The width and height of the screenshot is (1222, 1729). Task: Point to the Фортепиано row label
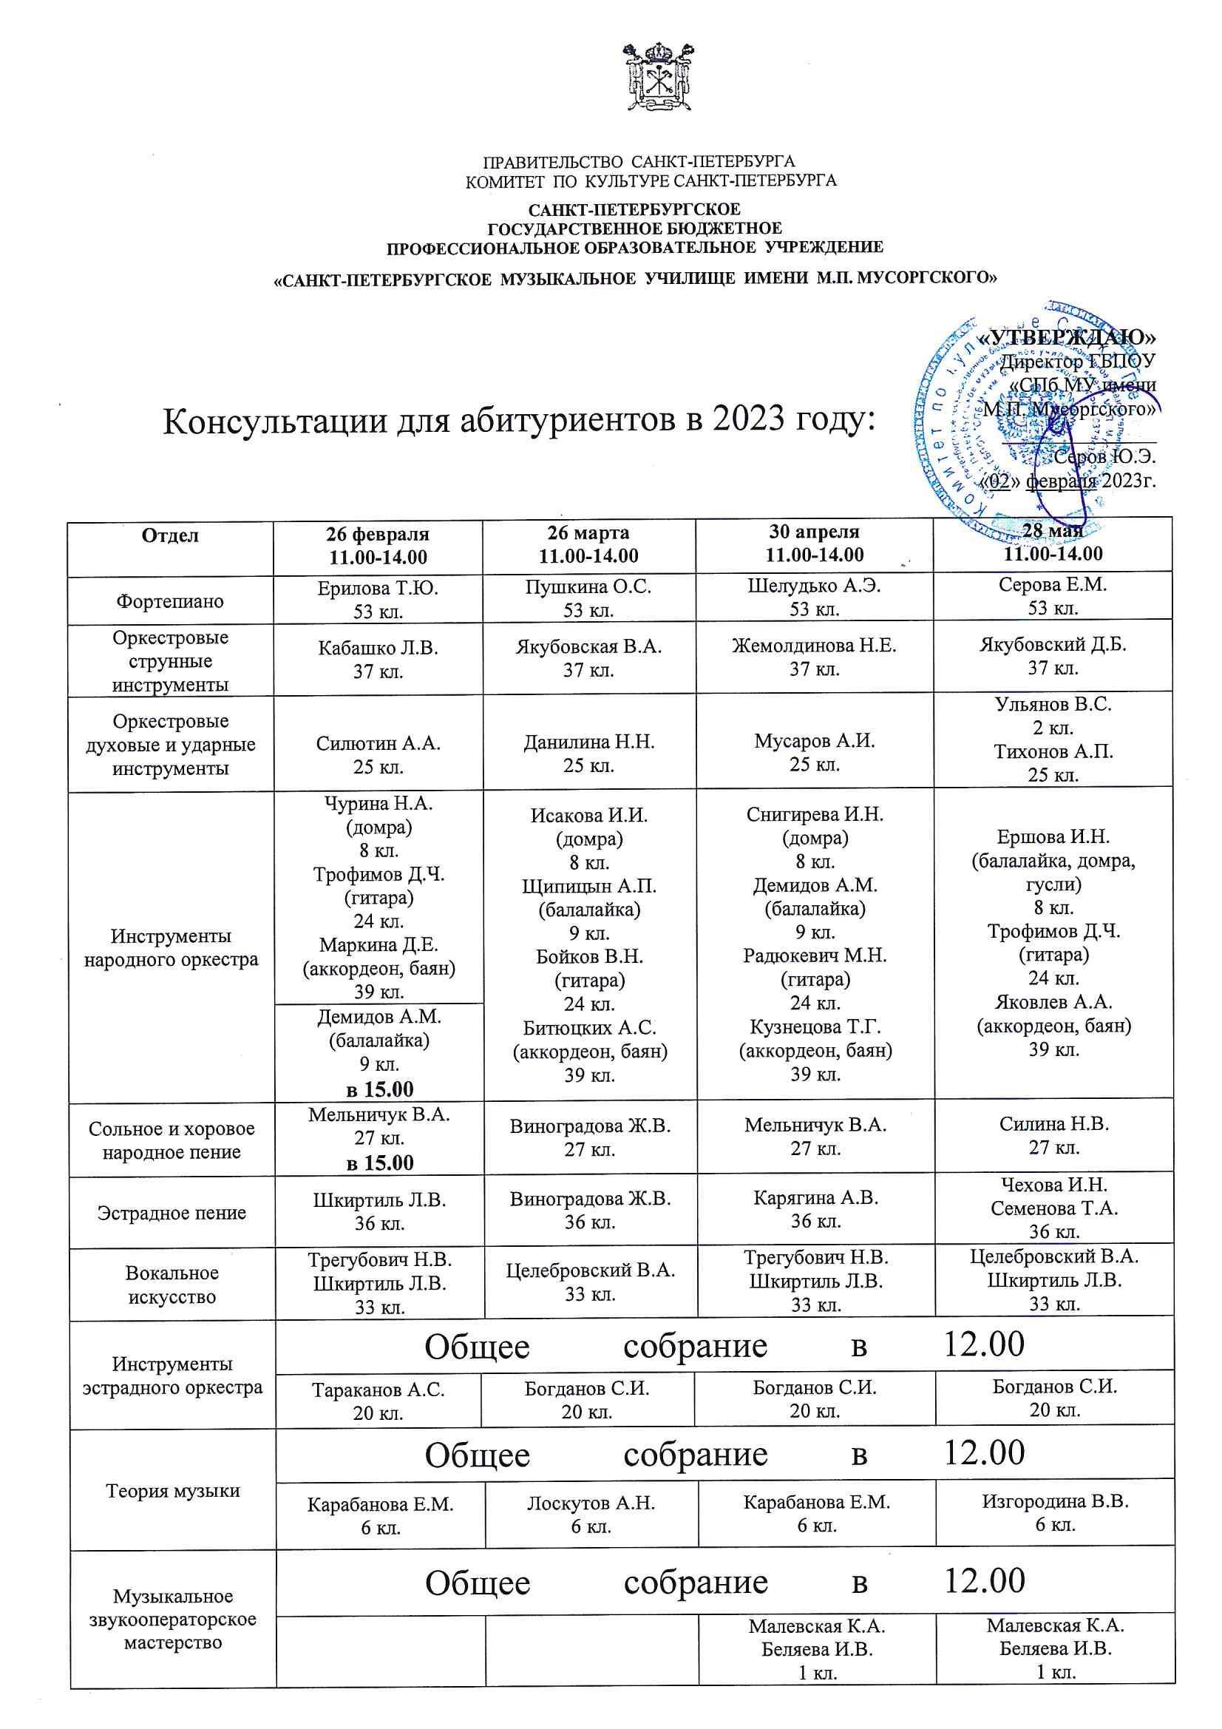pyautogui.click(x=170, y=601)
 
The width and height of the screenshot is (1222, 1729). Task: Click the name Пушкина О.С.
pyautogui.click(x=588, y=586)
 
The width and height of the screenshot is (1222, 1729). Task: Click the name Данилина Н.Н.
pyautogui.click(x=588, y=742)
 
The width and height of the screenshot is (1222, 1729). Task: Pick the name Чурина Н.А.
pyautogui.click(x=378, y=804)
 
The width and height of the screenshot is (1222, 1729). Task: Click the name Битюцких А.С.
pyautogui.click(x=589, y=1027)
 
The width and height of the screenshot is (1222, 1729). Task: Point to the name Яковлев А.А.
pyautogui.click(x=1053, y=1001)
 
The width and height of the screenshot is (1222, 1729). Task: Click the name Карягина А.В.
pyautogui.click(x=815, y=1197)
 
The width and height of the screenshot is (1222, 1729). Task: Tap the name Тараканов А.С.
pyautogui.click(x=378, y=1390)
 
